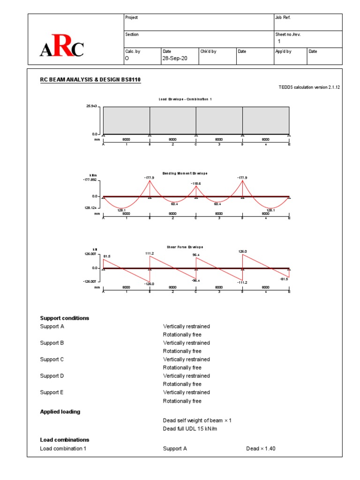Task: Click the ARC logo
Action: coord(62,48)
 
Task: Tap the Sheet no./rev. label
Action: coord(290,34)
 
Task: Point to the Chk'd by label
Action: coord(208,52)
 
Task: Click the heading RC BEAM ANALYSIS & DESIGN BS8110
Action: coord(90,80)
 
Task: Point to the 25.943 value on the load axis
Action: coord(92,106)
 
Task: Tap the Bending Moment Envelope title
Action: coord(185,173)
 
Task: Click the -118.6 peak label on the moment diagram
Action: coord(196,183)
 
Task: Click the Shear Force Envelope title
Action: coord(185,247)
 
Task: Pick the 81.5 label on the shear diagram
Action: coord(107,256)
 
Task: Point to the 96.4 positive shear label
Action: coord(196,255)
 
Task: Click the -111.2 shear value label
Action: coord(242,283)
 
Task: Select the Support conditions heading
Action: coord(64,318)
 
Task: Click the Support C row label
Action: coord(52,360)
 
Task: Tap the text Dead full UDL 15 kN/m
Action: coord(194,428)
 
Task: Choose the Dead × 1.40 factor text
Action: coord(261,449)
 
